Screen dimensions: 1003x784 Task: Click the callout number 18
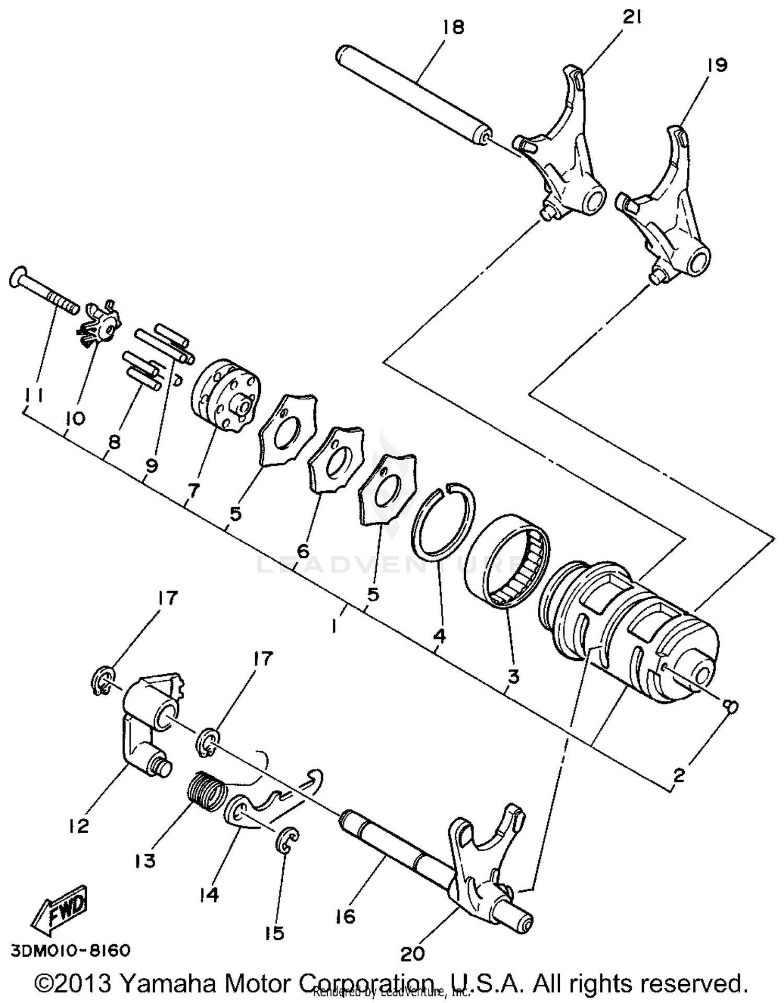tap(452, 27)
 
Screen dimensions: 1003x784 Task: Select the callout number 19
tap(717, 65)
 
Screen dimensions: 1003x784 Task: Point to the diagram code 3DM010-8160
tap(70, 949)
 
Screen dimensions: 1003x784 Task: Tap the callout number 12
tap(78, 826)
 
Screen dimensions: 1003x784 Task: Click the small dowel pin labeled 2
tap(731, 706)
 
